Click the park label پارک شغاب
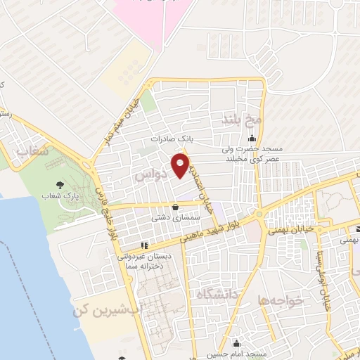coord(58,196)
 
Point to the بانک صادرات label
coord(172,139)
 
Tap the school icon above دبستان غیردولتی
coord(145,245)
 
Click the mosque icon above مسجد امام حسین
coord(236,345)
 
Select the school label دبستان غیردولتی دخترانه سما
coord(148,262)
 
